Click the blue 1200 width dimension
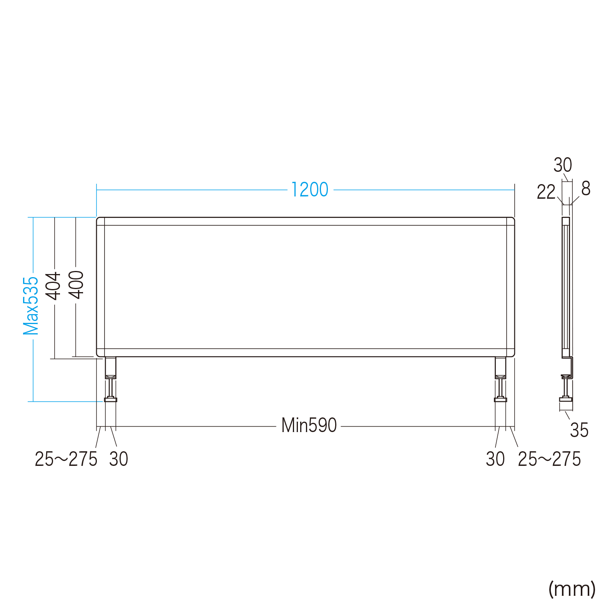309,189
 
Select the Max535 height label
31,306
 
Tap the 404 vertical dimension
54,286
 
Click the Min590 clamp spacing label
309,426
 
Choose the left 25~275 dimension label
66,459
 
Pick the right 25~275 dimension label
549,459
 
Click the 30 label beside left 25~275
118,459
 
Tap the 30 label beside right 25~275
495,459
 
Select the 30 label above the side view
563,165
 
